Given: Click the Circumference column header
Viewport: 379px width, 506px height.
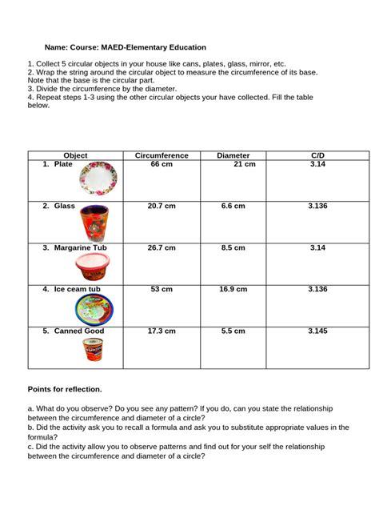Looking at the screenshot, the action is [162, 155].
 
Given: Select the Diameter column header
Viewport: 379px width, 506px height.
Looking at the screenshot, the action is [233, 155].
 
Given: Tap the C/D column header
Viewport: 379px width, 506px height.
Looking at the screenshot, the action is [317, 155].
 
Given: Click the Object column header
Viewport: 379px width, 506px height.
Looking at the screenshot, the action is [75, 155].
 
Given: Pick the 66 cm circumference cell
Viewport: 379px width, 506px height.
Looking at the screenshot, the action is [162, 164].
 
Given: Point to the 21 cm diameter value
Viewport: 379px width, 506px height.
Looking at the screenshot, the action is [244, 164].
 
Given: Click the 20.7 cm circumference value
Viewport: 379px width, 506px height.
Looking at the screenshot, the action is [162, 206].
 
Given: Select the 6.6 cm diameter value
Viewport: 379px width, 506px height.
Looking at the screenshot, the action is [233, 206].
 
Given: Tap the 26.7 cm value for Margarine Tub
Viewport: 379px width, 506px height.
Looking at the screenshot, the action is [162, 248].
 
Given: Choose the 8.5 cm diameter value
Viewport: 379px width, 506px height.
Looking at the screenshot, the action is [233, 248].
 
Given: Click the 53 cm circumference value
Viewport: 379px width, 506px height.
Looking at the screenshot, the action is [162, 289].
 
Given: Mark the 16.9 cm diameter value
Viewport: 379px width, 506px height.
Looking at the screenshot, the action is [233, 289].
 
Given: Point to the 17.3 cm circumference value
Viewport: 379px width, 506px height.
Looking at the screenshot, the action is [162, 331].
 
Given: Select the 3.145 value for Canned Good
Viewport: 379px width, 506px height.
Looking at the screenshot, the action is [317, 331].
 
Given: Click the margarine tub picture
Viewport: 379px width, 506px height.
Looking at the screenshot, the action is [96, 265].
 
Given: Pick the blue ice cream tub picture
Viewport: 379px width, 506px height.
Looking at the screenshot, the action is [96, 308].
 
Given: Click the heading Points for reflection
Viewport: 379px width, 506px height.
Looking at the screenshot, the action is [65, 389].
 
